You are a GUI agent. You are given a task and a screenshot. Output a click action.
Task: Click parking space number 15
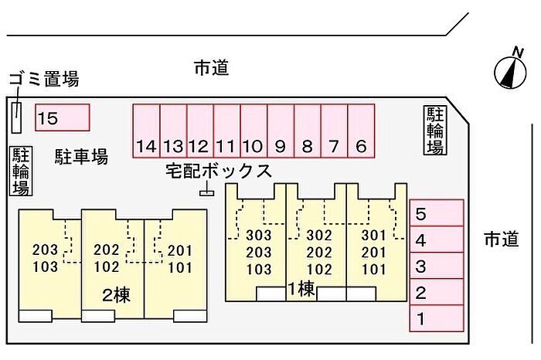pos(63,117)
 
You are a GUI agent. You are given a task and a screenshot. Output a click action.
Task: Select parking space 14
pos(147,131)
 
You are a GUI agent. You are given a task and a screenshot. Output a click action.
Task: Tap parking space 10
pos(254,131)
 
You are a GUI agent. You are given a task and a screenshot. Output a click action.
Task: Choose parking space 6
pos(361,131)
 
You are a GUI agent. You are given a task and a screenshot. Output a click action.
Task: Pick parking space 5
pos(437,213)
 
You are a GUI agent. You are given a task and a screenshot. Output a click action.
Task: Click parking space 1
pos(437,318)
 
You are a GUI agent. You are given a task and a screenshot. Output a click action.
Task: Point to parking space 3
pos(437,266)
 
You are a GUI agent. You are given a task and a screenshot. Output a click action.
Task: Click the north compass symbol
pos(511,70)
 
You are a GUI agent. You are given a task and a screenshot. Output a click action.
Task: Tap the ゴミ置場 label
pos(44,78)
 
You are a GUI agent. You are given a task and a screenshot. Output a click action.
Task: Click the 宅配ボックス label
pos(219,171)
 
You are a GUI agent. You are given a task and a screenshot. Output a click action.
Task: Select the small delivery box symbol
pos(206,193)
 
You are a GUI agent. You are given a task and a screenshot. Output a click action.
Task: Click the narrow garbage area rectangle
pos(16,117)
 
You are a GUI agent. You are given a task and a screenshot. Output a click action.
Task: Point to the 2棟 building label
pos(116,296)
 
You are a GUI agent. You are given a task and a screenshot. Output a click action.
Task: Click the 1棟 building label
pos(301,289)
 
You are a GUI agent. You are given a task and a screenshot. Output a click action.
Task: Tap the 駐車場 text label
pos(81,156)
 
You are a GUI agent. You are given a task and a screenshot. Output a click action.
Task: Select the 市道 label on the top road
pos(212,67)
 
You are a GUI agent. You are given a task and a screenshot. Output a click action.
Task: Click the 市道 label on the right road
pos(502,239)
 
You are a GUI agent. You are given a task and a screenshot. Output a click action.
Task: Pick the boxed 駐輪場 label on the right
pos(435,130)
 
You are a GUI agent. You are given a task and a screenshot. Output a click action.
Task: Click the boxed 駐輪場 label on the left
pos(21,172)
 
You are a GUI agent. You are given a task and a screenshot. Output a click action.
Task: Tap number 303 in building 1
pos(259,235)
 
